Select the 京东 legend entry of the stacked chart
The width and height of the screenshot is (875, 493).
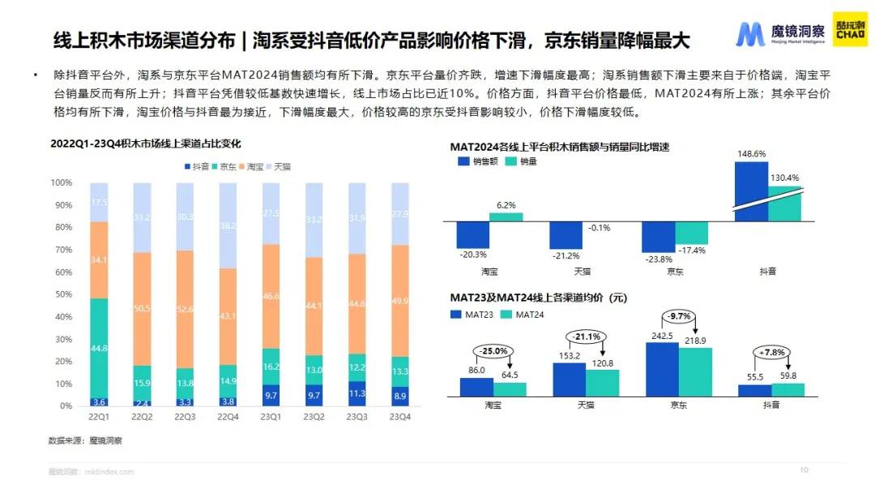226,166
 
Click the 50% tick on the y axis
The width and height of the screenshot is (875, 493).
62,295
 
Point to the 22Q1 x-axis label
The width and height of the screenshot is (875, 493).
98,418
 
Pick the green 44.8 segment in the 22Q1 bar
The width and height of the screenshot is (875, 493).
99,348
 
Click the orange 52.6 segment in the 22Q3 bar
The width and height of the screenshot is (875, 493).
185,309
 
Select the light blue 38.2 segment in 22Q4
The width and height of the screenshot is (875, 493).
228,225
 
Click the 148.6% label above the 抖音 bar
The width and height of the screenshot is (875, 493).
750,153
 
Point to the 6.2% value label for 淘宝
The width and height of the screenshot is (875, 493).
506,206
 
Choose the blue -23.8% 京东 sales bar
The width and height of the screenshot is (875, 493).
658,237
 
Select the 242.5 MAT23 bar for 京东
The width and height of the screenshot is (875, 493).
662,370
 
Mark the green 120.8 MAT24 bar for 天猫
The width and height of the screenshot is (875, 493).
603,384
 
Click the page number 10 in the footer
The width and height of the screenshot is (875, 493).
805,469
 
